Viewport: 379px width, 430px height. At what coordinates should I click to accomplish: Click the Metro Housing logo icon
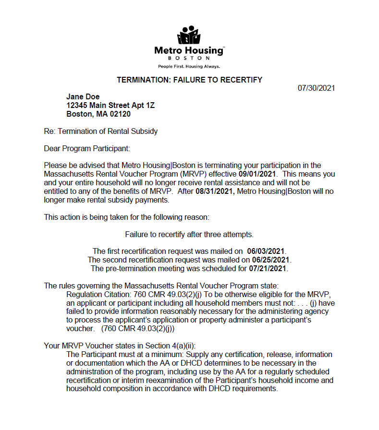[x=189, y=36]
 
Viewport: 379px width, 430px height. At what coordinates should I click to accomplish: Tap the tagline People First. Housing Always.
[x=189, y=66]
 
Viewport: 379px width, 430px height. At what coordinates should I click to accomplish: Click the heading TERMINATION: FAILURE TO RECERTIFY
[x=189, y=80]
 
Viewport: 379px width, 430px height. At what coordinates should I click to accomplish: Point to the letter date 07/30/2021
[x=316, y=88]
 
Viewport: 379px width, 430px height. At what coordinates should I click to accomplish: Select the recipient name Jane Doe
[x=83, y=97]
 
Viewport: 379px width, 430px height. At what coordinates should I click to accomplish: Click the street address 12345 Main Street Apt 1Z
[x=110, y=106]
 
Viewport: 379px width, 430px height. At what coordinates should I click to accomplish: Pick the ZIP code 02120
[x=121, y=114]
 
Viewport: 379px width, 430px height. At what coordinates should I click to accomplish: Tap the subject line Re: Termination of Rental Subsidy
[x=100, y=131]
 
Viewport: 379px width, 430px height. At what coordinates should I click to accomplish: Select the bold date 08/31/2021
[x=216, y=191]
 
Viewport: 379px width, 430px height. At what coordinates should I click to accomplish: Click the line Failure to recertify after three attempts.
[x=189, y=235]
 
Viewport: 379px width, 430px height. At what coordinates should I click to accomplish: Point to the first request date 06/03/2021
[x=266, y=251]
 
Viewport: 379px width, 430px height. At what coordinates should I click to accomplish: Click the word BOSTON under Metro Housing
[x=189, y=58]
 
